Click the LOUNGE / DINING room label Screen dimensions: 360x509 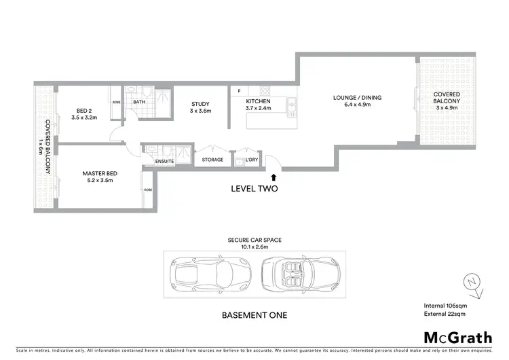[x=357, y=98]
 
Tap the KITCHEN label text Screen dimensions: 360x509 [x=258, y=101]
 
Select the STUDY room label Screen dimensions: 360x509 [x=200, y=104]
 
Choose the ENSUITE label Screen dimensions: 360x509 [x=165, y=160]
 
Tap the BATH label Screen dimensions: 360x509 [x=139, y=102]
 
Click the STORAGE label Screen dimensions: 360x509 [x=212, y=160]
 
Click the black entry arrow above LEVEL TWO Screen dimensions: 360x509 [x=274, y=177]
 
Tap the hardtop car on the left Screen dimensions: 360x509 [x=205, y=275]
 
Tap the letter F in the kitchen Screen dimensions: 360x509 [x=240, y=91]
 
